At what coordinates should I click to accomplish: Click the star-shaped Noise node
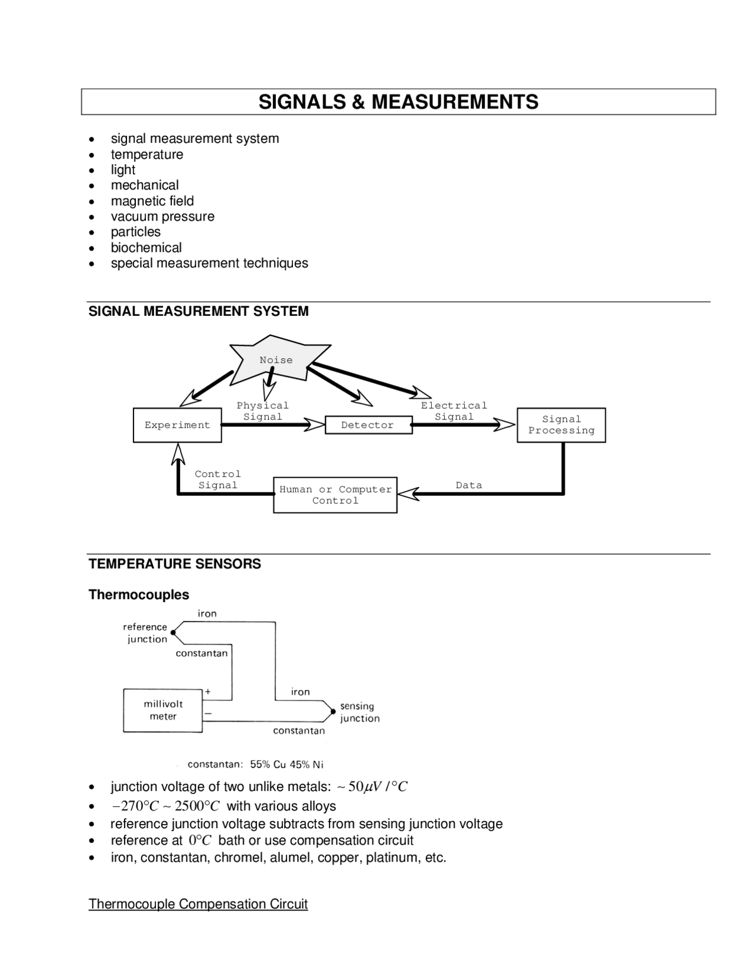pyautogui.click(x=276, y=360)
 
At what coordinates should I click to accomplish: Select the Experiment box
pyautogui.click(x=177, y=425)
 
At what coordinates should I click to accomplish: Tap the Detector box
pyautogui.click(x=368, y=425)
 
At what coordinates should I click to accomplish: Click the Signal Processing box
pyautogui.click(x=561, y=425)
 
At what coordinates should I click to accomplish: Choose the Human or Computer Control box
pyautogui.click(x=335, y=495)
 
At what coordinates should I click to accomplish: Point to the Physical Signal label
pyautogui.click(x=262, y=411)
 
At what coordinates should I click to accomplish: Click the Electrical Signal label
pyautogui.click(x=454, y=411)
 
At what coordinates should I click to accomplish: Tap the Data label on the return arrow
pyautogui.click(x=469, y=485)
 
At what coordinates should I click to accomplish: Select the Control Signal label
pyautogui.click(x=218, y=479)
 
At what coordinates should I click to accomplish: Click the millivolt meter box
pyautogui.click(x=163, y=710)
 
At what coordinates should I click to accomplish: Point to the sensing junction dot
pyautogui.click(x=333, y=712)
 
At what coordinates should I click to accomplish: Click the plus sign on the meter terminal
pyautogui.click(x=208, y=692)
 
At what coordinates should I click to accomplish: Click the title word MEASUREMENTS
pyautogui.click(x=454, y=102)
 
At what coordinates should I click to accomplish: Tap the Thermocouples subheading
pyautogui.click(x=139, y=595)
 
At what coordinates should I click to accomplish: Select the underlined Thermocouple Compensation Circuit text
pyautogui.click(x=198, y=904)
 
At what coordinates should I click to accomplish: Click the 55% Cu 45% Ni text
pyautogui.click(x=286, y=765)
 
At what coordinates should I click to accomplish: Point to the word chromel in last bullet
pyautogui.click(x=239, y=858)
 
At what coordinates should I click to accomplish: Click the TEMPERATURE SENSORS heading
pyautogui.click(x=175, y=564)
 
